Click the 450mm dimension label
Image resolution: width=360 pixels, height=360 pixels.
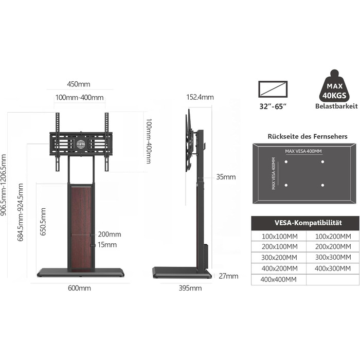click(79, 84)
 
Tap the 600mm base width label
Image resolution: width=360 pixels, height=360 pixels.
click(79, 288)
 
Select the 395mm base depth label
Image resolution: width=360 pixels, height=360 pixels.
click(190, 288)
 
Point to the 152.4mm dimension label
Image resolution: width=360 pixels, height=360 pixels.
click(200, 97)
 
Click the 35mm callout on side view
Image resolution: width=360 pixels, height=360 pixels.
click(226, 177)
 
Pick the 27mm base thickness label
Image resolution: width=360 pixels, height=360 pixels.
click(228, 276)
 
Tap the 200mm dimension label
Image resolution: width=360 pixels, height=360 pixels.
click(110, 234)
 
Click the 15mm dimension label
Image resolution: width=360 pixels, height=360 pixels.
click(107, 244)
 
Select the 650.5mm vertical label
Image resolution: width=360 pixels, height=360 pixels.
click(43, 222)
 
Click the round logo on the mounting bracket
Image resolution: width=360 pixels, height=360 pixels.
click(81, 144)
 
